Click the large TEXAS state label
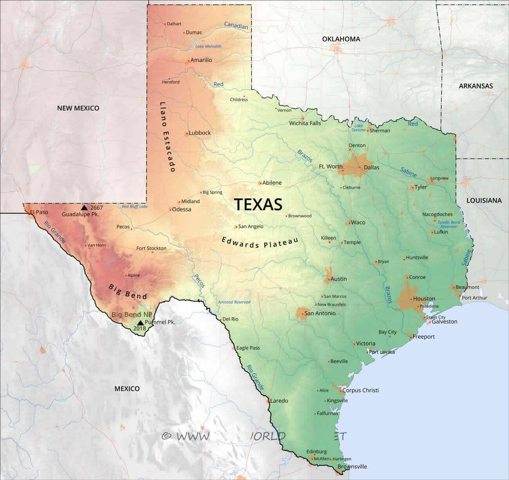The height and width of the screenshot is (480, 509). pos(258,204)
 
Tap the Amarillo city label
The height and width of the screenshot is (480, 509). pos(201,60)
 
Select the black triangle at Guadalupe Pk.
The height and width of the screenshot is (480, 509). pos(84,207)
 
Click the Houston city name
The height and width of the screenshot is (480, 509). pos(424,299)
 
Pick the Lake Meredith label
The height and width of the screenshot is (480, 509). pos(208,46)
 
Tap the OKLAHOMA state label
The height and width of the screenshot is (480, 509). pos(341,39)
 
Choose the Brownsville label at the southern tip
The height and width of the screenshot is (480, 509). pos(352,466)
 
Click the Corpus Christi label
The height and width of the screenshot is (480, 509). pos(361,390)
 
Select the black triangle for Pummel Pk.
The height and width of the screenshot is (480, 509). pos(140,323)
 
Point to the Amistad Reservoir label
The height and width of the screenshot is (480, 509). pos(234,302)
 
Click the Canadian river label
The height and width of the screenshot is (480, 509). pos(236,25)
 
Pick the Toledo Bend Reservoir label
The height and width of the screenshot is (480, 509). pos(449,224)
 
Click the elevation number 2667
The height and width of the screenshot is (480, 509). pos(96,207)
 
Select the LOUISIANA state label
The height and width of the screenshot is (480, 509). pos(484,200)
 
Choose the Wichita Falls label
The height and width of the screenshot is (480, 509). pos(305,123)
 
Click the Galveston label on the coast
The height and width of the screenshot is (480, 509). pos(444,322)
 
